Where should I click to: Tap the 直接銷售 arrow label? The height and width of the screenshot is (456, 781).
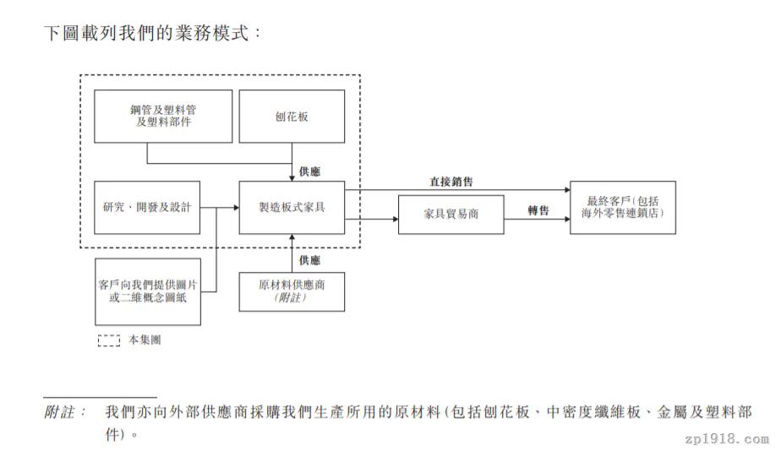coord(451,182)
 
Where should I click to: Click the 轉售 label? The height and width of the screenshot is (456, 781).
coord(538,210)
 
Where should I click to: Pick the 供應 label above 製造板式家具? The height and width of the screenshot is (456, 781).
coord(309,171)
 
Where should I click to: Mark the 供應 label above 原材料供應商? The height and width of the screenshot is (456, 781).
coord(309,260)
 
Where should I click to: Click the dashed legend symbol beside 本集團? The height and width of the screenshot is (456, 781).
coord(108,340)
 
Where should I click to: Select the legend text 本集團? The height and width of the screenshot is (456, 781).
coord(145,340)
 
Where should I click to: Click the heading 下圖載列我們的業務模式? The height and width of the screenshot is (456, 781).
coord(146,33)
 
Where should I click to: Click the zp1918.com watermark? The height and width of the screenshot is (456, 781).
coord(727,439)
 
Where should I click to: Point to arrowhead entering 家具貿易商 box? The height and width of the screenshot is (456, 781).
coord(396,219)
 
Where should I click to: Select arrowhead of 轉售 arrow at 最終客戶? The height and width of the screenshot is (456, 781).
coord(567,219)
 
